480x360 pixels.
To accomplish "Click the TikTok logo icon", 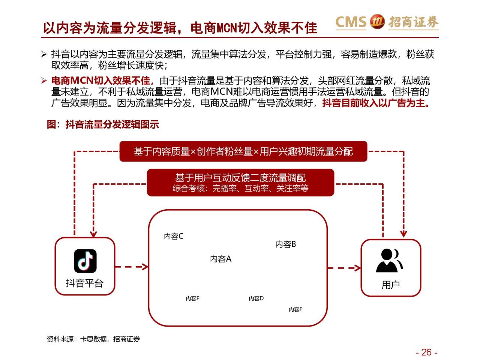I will tap(85, 261).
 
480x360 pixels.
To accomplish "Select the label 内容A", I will tap(220, 259).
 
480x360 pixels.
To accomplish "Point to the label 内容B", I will tap(286, 244).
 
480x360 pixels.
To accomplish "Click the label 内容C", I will tap(174, 236).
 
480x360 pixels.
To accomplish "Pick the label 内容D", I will tap(256, 298).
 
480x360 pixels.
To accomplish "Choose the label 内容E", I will tap(295, 309).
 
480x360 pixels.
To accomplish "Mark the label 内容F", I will tap(192, 298).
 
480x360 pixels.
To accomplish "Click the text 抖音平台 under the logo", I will tap(84, 283).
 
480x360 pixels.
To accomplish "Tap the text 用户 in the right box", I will tap(390, 285).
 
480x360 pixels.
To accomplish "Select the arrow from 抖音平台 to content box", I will tap(131, 267).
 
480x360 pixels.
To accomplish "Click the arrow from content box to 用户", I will tap(344, 268).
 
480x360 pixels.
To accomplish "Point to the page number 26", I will tap(426, 352).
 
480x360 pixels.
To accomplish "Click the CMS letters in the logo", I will tap(351, 22).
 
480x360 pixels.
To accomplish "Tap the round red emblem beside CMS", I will tap(377, 22).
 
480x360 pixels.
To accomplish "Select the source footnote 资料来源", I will tap(93, 339).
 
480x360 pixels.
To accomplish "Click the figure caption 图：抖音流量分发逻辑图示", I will tap(103, 124).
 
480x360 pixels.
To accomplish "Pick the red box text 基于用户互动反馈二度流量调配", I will tap(240, 178).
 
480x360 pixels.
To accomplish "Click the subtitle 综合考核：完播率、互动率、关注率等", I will tap(240, 188).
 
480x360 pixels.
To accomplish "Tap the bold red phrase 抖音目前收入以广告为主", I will tap(375, 103).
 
